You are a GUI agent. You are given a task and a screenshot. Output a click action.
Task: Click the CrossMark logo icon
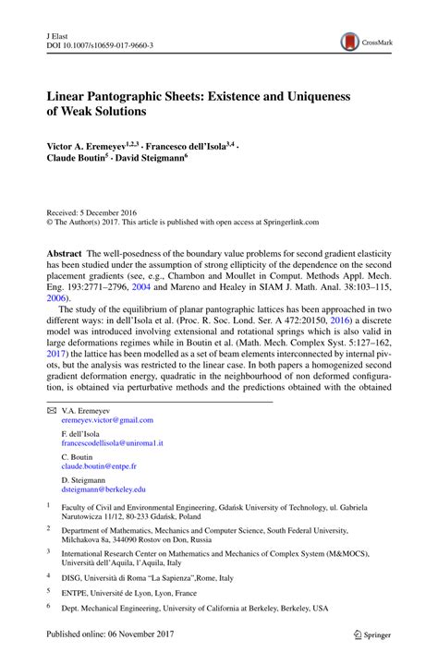(351, 41)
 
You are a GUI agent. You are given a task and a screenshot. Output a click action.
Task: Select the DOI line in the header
(99, 42)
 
